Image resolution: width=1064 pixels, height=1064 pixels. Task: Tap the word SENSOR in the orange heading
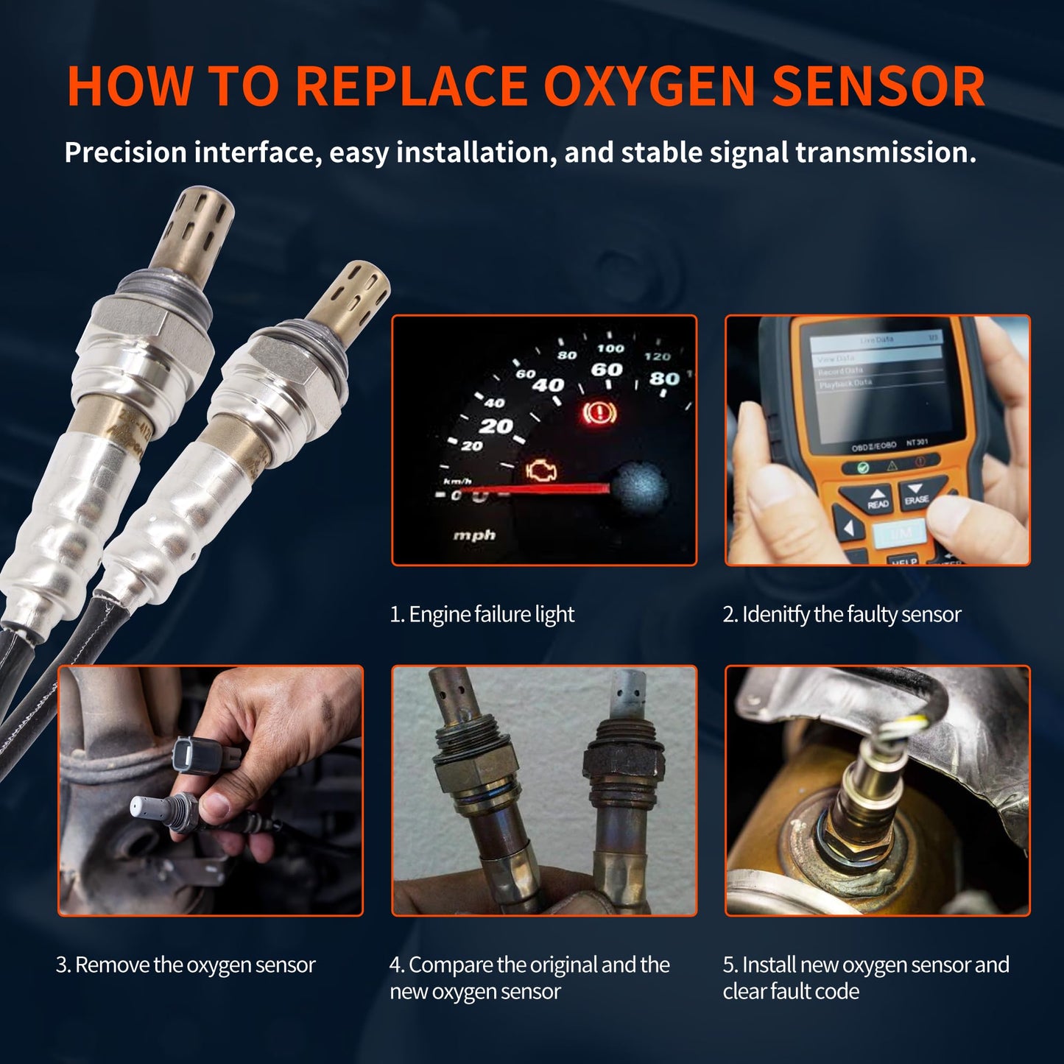click(x=878, y=87)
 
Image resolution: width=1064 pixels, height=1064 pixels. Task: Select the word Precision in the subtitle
click(x=125, y=152)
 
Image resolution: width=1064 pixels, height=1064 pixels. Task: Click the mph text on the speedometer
click(x=474, y=535)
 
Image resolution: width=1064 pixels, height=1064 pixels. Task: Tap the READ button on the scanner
click(x=878, y=499)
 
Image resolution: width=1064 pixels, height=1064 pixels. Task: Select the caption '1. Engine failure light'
click(x=482, y=614)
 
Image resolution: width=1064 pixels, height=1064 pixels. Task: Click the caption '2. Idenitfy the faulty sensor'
click(x=842, y=614)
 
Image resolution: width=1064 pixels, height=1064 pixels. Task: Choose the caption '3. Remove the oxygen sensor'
click(x=186, y=965)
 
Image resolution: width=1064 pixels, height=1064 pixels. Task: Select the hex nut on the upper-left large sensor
click(x=133, y=324)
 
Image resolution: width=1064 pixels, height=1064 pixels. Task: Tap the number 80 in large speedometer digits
click(x=663, y=378)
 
